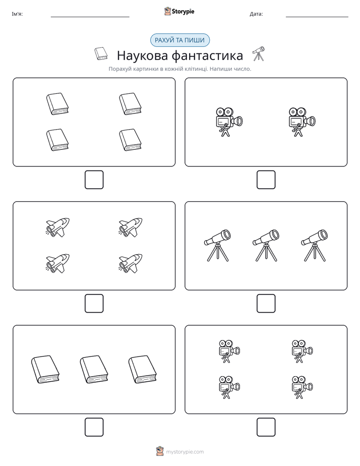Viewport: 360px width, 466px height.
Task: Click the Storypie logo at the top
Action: click(x=179, y=11)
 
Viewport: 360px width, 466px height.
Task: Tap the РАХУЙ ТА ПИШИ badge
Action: click(x=180, y=40)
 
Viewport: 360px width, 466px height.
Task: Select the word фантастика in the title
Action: click(x=207, y=55)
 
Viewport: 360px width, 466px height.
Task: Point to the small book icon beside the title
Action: click(x=101, y=53)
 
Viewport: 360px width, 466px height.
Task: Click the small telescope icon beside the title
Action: click(x=259, y=53)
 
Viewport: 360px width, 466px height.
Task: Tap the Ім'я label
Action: click(x=17, y=14)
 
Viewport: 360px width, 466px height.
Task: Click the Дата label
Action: click(x=256, y=14)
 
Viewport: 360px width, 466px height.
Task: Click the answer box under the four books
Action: click(x=94, y=180)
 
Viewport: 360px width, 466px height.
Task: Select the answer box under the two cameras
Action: click(x=266, y=180)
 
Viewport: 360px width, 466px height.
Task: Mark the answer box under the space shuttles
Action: click(x=94, y=304)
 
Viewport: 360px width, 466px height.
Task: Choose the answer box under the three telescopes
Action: click(x=266, y=304)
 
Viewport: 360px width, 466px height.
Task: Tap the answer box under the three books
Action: click(x=94, y=427)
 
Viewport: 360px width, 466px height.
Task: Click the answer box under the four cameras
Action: click(x=266, y=427)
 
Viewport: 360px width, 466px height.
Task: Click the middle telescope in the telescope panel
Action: click(x=266, y=246)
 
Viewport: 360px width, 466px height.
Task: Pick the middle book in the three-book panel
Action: click(x=94, y=369)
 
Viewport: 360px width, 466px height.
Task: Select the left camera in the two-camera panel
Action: click(x=229, y=122)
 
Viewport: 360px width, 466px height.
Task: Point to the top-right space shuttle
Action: click(x=131, y=227)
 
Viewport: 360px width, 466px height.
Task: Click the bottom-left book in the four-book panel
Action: click(x=57, y=140)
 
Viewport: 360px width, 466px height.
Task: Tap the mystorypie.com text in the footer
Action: click(x=185, y=452)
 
